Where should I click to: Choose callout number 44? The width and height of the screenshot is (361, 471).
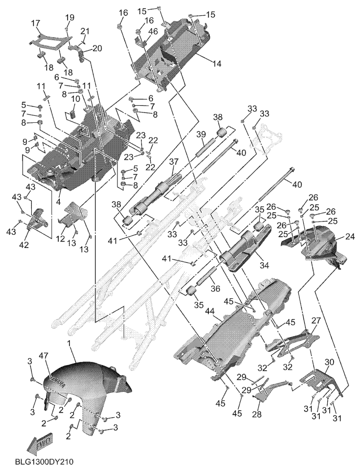tap(211, 311)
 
